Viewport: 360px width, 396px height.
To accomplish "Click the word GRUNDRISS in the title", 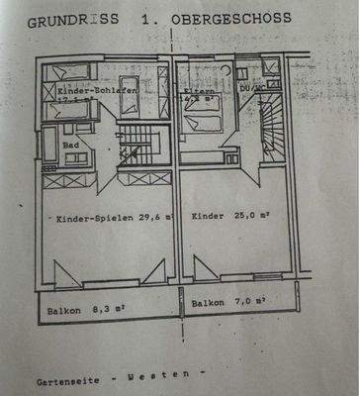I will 60,20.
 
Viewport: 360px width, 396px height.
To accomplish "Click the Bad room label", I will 71,145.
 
